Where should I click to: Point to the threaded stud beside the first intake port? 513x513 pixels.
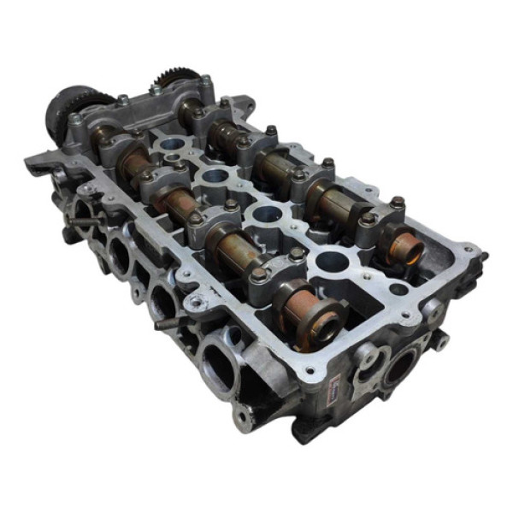(x=78, y=224)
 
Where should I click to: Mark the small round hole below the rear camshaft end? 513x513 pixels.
(x=433, y=309)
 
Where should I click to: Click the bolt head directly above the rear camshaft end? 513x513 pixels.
(x=397, y=203)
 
